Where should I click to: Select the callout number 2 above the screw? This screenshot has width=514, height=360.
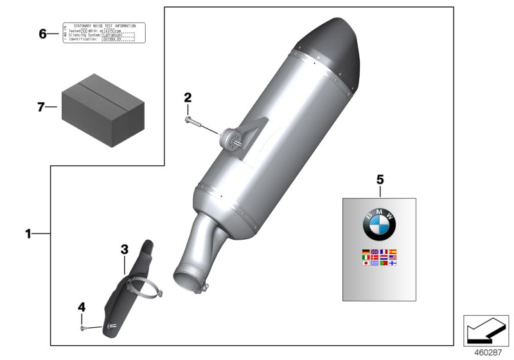click(188, 98)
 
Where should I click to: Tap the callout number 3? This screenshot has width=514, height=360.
click(125, 249)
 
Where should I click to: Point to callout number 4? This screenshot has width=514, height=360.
click(82, 308)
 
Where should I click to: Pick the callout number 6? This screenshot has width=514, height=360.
click(43, 33)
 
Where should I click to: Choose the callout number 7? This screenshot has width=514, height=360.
click(41, 107)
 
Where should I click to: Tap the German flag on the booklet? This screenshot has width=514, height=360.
click(366, 251)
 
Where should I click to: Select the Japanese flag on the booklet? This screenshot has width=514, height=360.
click(366, 263)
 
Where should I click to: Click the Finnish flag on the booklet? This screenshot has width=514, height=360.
click(393, 263)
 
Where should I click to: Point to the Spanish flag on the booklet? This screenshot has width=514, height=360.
click(393, 251)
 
